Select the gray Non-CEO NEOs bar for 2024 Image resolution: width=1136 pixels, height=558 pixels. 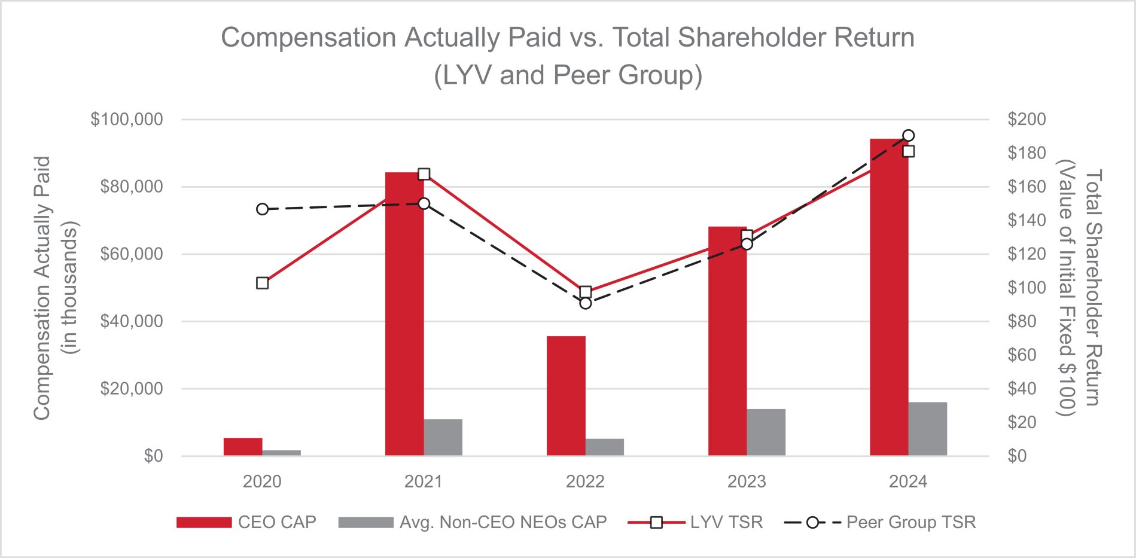[927, 429]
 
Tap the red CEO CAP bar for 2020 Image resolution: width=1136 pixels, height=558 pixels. [243, 447]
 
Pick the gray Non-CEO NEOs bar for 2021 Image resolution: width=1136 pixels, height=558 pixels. [443, 437]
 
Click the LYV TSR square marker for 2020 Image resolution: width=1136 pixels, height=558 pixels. [263, 283]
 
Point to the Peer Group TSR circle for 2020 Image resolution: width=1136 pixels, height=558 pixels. [263, 209]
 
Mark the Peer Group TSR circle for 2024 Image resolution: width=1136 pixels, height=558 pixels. [908, 136]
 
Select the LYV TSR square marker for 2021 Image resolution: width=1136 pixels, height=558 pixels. [424, 175]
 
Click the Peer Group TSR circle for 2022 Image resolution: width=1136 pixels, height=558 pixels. [586, 303]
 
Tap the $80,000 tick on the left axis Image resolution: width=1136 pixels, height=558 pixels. [131, 187]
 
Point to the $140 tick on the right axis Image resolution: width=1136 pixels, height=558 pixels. [1027, 221]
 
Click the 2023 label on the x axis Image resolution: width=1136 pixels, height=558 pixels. [747, 481]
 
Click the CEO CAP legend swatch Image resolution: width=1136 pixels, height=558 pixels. [204, 522]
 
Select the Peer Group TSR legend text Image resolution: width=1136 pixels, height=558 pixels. [911, 522]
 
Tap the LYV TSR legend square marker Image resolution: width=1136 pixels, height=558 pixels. [656, 522]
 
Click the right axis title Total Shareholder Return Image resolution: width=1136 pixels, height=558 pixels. [1092, 288]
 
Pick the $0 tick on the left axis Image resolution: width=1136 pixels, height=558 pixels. [153, 456]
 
